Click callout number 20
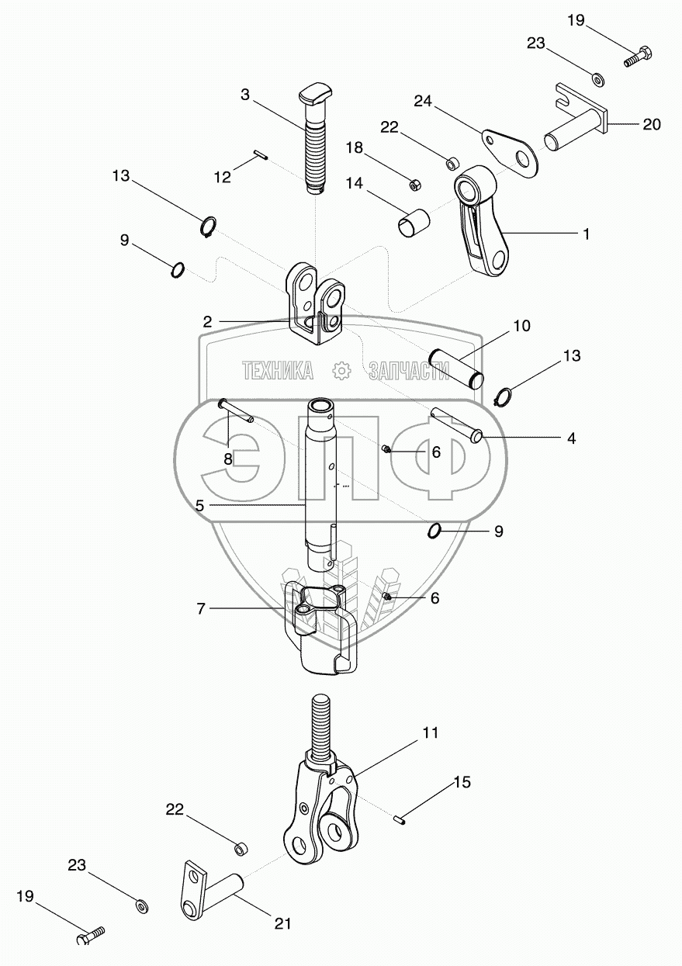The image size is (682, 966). (652, 123)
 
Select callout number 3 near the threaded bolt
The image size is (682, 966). (245, 95)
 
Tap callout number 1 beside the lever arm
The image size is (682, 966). (587, 233)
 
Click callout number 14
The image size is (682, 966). (354, 183)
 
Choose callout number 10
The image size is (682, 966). (521, 326)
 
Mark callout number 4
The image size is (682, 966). (571, 438)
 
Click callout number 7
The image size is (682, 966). (201, 609)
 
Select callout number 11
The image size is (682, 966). (430, 732)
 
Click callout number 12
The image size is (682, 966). (223, 178)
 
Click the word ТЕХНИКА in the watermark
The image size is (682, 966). (277, 372)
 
